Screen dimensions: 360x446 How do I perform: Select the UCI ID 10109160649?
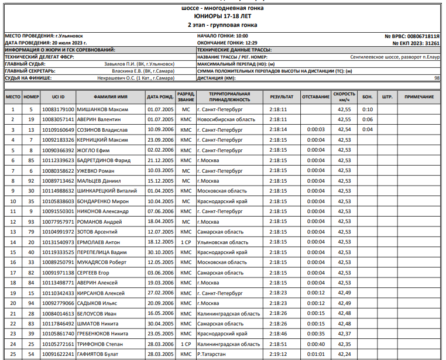[58, 129]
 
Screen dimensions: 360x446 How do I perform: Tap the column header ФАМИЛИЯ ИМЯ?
[110, 97]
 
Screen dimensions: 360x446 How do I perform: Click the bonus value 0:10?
[368, 109]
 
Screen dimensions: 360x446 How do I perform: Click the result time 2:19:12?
[279, 354]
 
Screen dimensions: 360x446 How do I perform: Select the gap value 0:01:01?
[315, 354]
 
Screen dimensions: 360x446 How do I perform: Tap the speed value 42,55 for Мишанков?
[344, 109]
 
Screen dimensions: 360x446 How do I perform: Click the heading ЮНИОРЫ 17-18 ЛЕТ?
[222, 17]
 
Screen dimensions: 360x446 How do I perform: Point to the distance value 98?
[437, 78]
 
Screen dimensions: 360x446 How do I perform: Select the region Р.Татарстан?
[215, 354]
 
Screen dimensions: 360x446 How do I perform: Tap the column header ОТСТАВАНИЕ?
[316, 97]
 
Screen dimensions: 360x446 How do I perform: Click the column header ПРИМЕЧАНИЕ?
[419, 97]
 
